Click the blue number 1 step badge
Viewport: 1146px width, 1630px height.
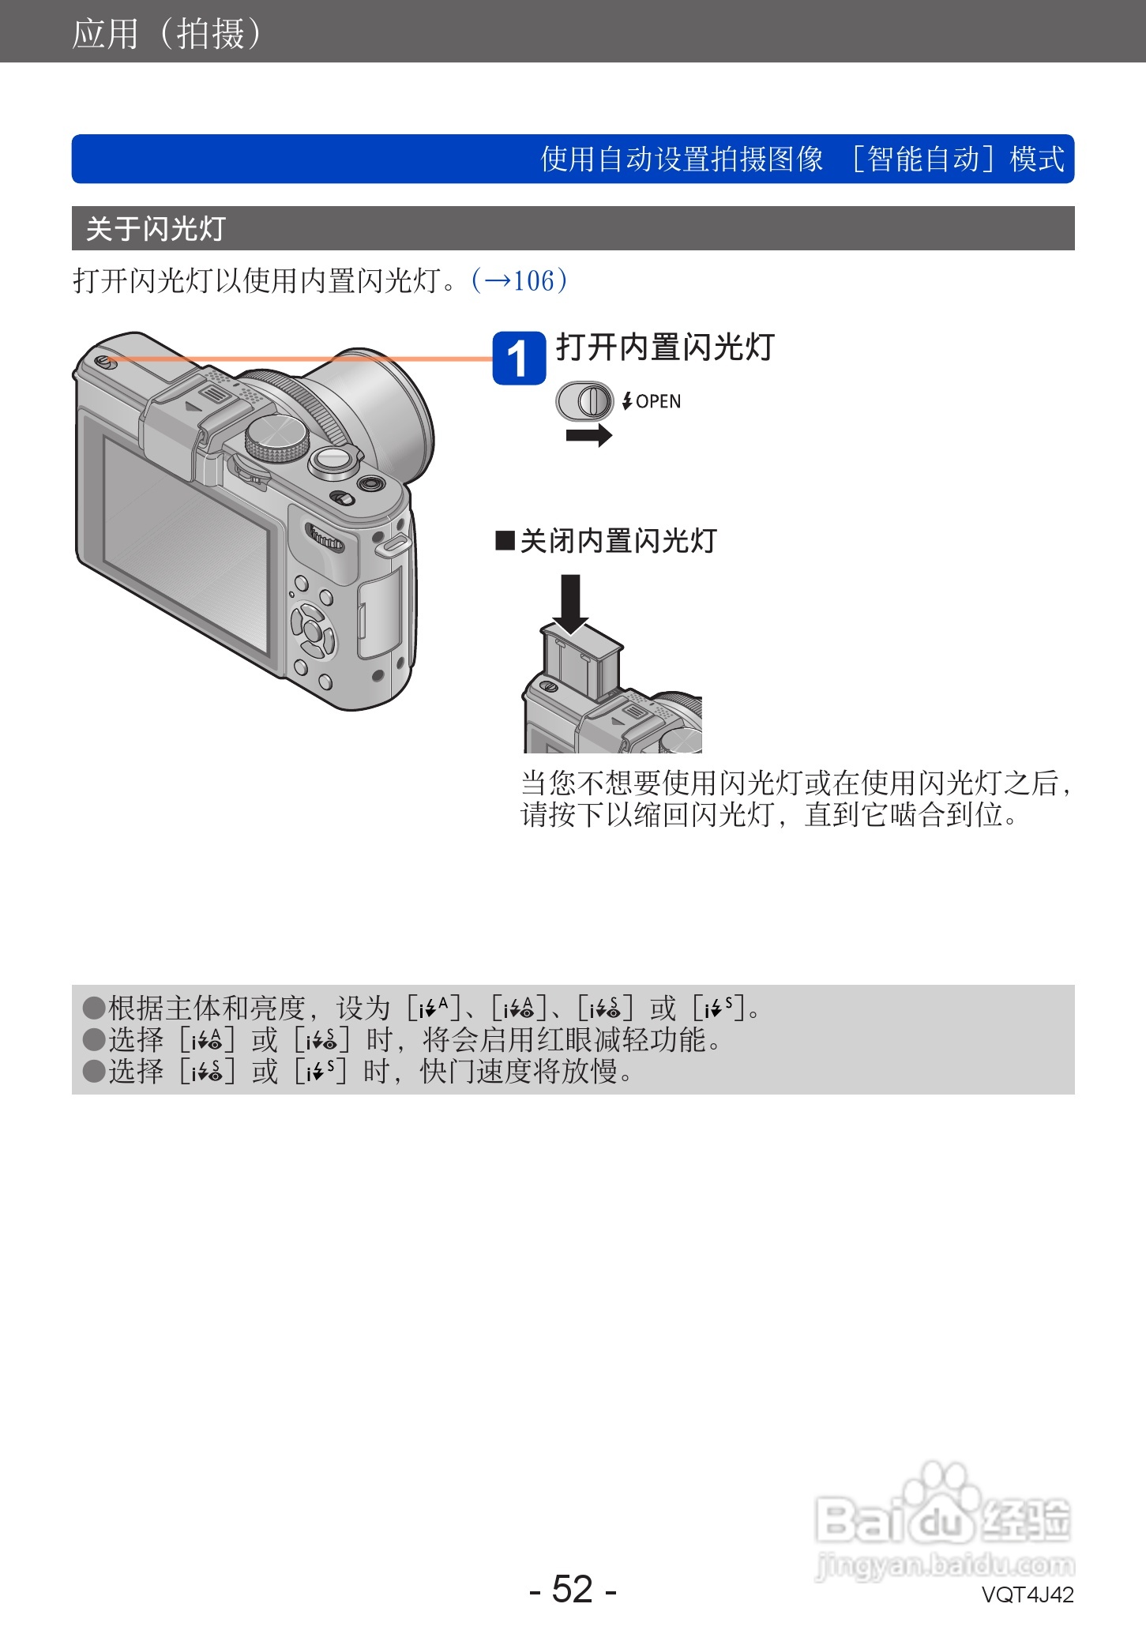519,359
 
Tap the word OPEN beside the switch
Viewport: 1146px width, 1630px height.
658,401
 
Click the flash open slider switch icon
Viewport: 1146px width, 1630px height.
584,401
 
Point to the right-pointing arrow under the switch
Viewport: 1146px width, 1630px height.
589,434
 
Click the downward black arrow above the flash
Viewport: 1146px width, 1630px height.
569,603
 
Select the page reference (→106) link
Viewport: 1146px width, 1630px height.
519,280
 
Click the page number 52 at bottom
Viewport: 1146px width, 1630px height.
572,1589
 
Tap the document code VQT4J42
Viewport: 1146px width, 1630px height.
1027,1594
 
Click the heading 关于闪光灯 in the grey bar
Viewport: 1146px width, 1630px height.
156,229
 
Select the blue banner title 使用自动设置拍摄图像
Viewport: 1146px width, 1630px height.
682,159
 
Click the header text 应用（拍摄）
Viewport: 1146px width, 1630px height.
167,33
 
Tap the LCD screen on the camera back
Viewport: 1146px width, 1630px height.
186,545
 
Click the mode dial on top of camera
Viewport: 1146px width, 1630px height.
276,439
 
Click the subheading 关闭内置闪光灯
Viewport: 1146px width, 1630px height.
618,541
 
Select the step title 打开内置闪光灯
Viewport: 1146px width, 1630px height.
665,347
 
